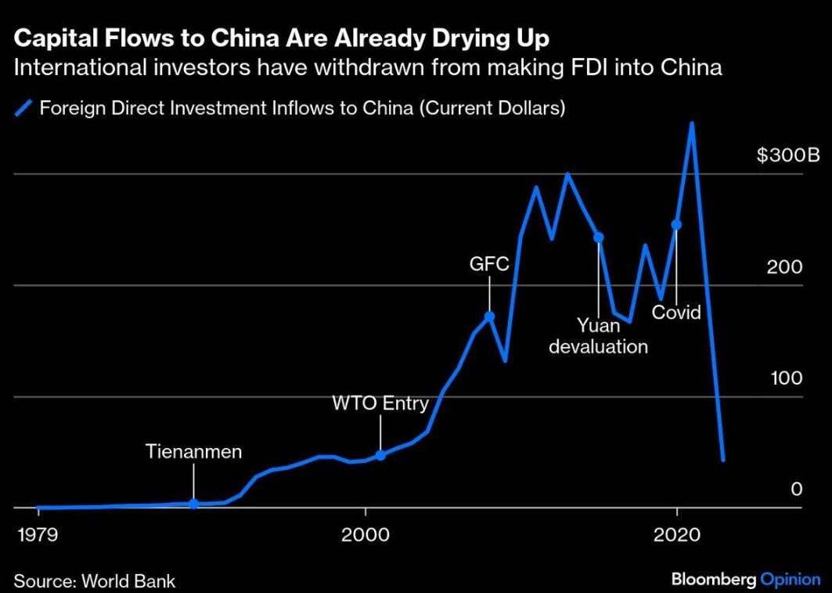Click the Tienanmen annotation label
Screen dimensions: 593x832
click(194, 452)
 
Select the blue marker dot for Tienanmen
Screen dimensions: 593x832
click(193, 504)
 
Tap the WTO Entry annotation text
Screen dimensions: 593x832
click(380, 403)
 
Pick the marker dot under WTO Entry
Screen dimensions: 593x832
click(380, 455)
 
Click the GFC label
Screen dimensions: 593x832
click(489, 264)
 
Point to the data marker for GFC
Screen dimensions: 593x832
click(489, 316)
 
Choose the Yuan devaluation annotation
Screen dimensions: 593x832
click(599, 335)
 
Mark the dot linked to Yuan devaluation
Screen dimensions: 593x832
click(599, 237)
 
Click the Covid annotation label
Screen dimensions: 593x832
click(676, 313)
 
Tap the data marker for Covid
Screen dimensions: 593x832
click(676, 225)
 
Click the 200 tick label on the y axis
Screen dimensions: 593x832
click(785, 266)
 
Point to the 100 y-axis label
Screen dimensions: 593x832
click(785, 378)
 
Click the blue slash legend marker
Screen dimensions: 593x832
click(24, 107)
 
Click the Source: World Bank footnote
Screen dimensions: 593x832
click(95, 581)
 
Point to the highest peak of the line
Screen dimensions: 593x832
click(692, 123)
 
